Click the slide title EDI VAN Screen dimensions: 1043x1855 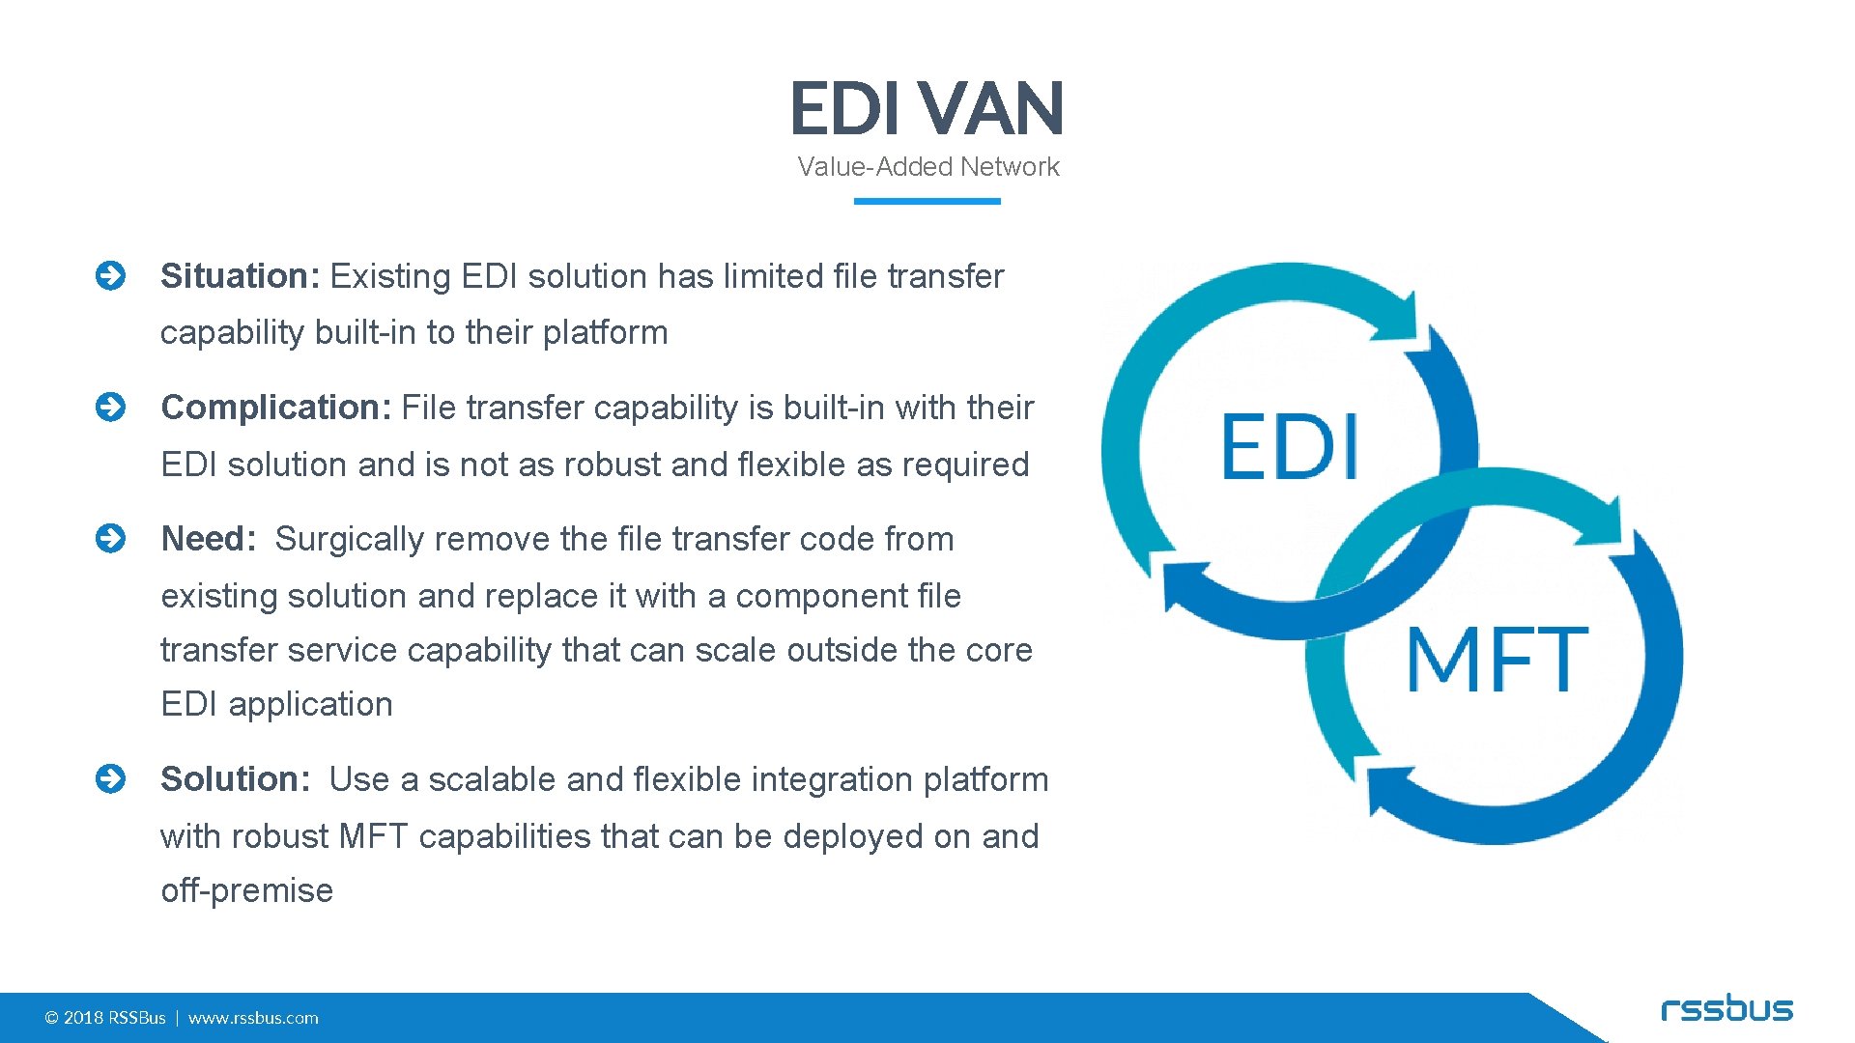[927, 108]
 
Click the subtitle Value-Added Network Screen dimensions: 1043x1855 [927, 167]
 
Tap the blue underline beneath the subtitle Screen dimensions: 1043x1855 [927, 201]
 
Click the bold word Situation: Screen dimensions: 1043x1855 [240, 276]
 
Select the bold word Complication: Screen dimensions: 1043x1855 [275, 408]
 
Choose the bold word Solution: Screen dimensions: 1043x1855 [236, 779]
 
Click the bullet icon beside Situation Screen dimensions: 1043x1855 [111, 276]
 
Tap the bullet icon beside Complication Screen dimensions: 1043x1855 [111, 408]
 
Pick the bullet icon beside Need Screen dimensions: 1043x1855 [111, 539]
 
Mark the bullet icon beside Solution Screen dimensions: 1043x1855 [111, 779]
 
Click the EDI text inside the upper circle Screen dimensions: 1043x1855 [1290, 446]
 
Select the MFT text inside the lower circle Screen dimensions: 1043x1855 [1496, 659]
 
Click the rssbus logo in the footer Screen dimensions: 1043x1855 [1727, 1009]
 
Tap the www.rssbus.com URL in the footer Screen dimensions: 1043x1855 [253, 1018]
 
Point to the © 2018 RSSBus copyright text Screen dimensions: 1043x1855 [105, 1018]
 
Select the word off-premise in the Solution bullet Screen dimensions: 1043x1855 [247, 890]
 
